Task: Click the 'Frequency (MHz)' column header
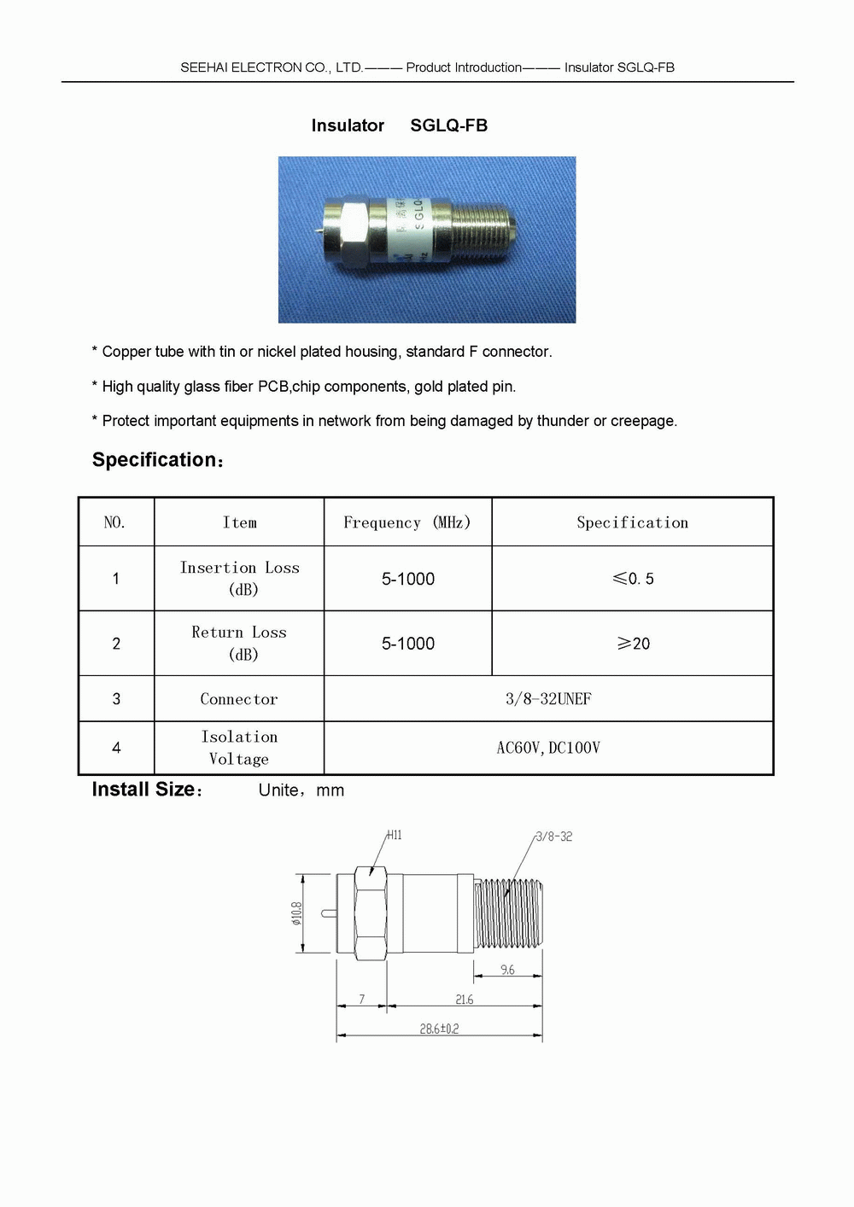407,522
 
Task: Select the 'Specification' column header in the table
632,522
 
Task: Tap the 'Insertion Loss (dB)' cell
240,578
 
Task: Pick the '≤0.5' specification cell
633,579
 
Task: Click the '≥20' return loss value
633,644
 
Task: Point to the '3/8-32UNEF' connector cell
548,699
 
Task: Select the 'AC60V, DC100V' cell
548,748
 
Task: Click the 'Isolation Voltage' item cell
239,748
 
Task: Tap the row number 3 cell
116,699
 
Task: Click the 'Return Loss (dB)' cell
240,643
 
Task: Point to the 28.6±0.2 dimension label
439,1029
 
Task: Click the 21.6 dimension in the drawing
464,999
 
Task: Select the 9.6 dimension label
507,970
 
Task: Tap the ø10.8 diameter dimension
296,913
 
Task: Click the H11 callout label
394,835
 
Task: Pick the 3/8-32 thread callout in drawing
553,837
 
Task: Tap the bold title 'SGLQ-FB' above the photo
448,125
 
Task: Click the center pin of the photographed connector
318,229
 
